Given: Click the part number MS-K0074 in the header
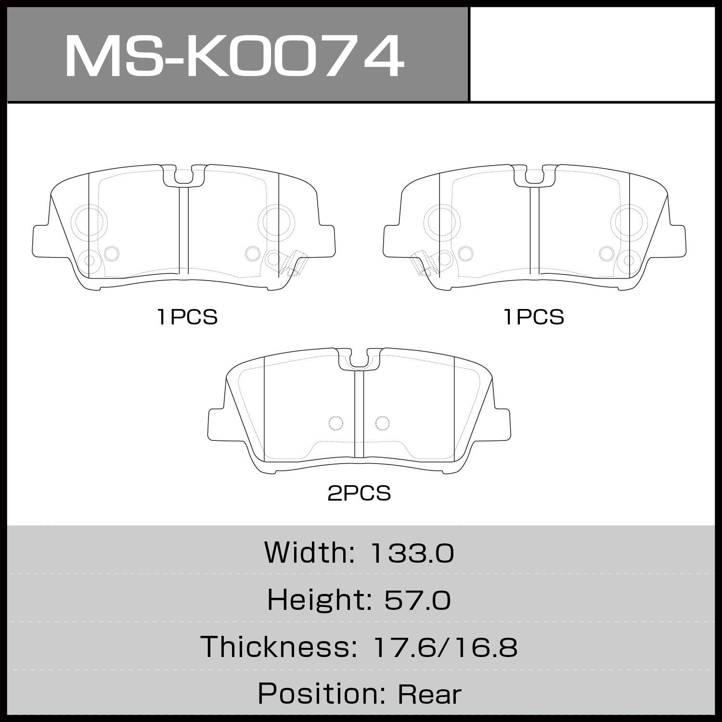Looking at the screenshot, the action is [x=233, y=55].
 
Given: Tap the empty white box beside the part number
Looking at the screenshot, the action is [x=592, y=54].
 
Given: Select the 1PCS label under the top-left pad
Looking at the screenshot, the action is [x=188, y=317].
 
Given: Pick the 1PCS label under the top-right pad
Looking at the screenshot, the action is [x=534, y=317].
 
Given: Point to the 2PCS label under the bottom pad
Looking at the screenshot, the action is [x=359, y=493].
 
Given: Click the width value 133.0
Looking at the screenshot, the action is [x=411, y=554].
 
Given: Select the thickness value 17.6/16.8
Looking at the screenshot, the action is [x=445, y=647].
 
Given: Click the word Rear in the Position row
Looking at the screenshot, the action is [x=429, y=694].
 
